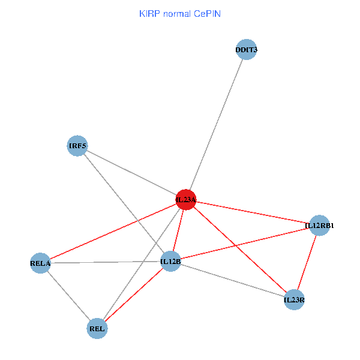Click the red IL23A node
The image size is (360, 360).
(186, 199)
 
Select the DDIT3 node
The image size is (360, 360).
(246, 50)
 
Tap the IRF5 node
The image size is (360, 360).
(77, 146)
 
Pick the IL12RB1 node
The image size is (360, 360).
(319, 226)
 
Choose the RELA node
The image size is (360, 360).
(40, 263)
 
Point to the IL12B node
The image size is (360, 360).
(171, 261)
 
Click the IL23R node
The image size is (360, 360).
(294, 299)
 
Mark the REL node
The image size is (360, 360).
(97, 328)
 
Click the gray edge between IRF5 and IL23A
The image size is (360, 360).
(132, 173)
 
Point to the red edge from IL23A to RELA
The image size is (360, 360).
(113, 232)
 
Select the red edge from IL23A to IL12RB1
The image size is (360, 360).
(253, 212)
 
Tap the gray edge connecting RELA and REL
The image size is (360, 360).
(68, 295)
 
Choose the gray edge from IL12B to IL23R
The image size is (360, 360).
(233, 280)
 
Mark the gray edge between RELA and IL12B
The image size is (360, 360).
(106, 262)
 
